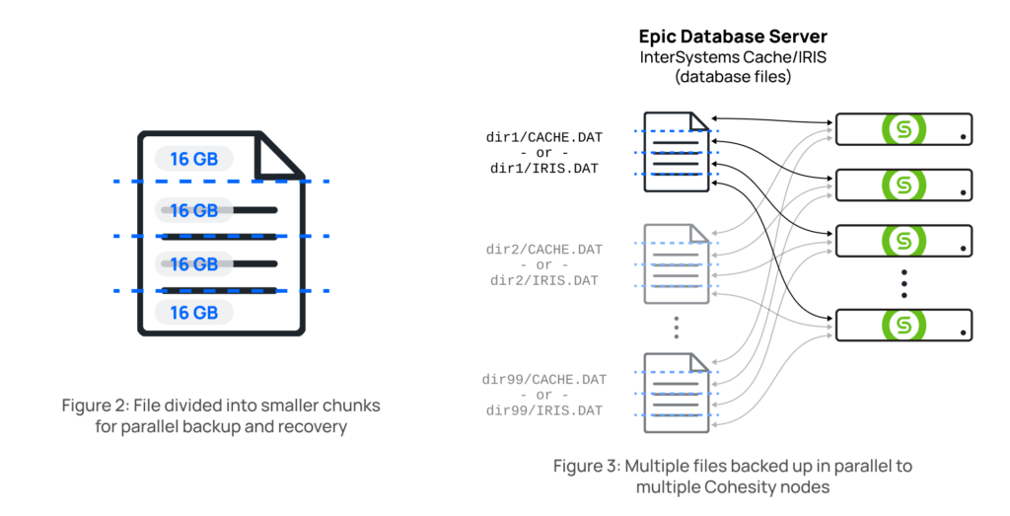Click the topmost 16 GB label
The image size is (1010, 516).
point(193,159)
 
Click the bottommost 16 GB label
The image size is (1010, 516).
point(193,313)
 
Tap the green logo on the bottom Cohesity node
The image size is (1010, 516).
point(901,325)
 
